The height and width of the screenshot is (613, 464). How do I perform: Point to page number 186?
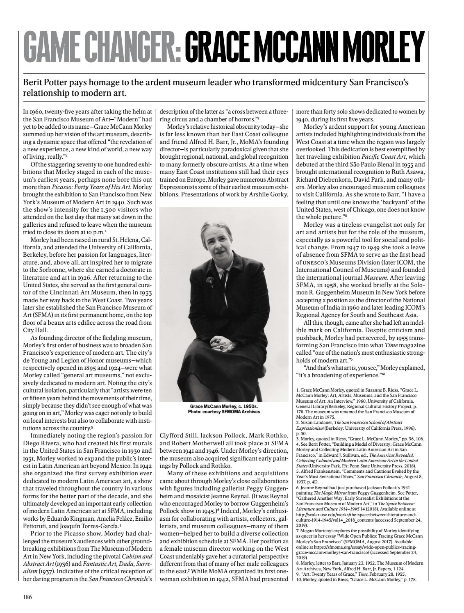coord(27,597)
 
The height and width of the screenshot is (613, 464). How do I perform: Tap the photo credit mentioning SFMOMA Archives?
coord(224,412)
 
